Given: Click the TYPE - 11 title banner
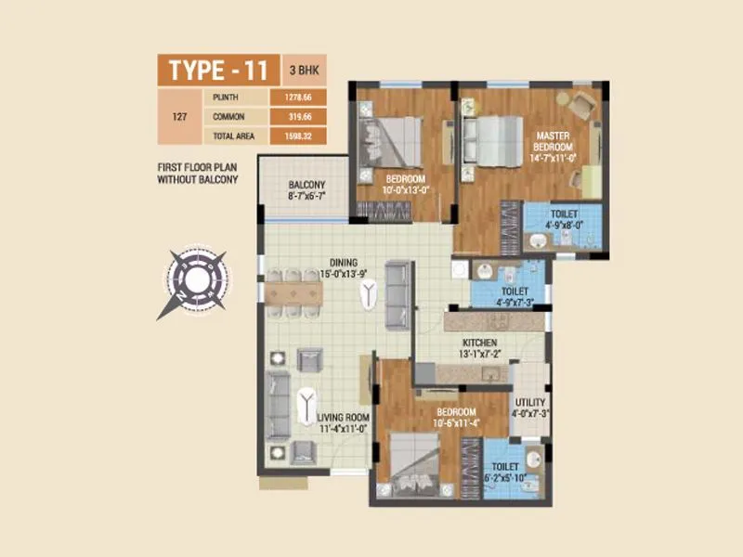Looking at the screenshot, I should click(x=215, y=70).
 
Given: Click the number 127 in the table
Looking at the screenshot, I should click(x=181, y=117).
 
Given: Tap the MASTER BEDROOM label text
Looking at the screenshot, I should click(x=553, y=147).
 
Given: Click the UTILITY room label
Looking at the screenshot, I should click(x=530, y=407).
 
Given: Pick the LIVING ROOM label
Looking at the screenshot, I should click(x=344, y=423).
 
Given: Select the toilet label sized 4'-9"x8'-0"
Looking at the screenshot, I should click(x=564, y=219).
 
